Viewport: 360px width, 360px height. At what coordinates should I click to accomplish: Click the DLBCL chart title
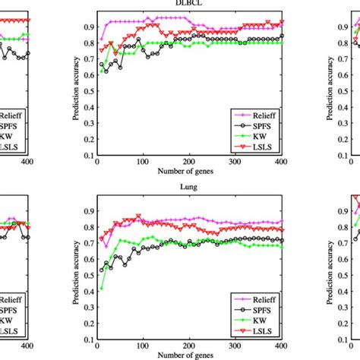[200, 4]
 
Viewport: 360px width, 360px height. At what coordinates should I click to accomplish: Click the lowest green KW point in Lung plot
[101, 288]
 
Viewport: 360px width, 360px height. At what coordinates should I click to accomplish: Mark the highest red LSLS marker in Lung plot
[138, 216]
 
